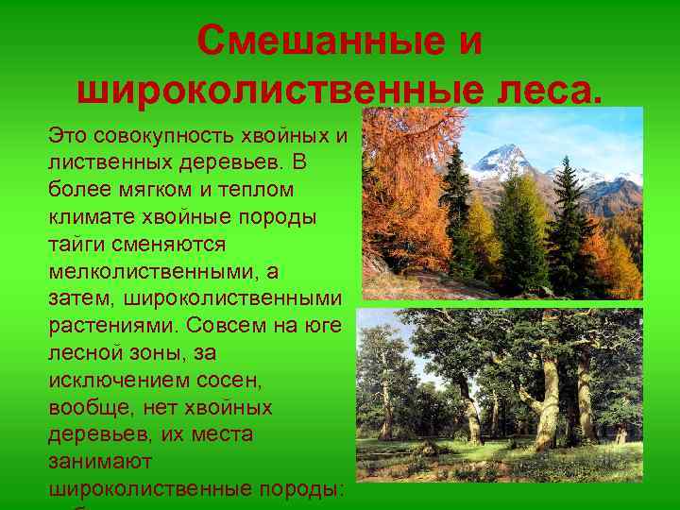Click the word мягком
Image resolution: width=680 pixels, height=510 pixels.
(141, 190)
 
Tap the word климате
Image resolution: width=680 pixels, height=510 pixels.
(92, 217)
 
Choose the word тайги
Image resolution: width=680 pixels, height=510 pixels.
(77, 245)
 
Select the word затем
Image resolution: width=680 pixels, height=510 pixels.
(81, 299)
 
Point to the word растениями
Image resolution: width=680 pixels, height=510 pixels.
(112, 327)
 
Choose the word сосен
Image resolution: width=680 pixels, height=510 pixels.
(233, 381)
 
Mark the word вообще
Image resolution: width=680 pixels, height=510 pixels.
(91, 408)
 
